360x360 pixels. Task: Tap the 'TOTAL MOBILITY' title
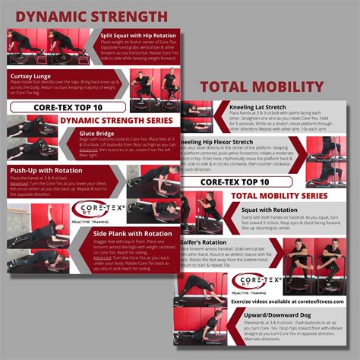270,87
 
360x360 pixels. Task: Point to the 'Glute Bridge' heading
99,132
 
